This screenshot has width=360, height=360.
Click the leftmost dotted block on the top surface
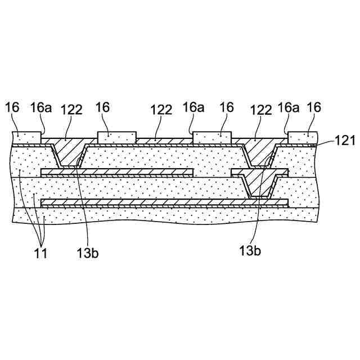[26, 136]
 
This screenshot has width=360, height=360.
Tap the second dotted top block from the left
[116, 136]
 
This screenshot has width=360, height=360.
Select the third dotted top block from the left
[212, 136]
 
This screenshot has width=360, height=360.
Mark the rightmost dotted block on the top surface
[303, 137]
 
